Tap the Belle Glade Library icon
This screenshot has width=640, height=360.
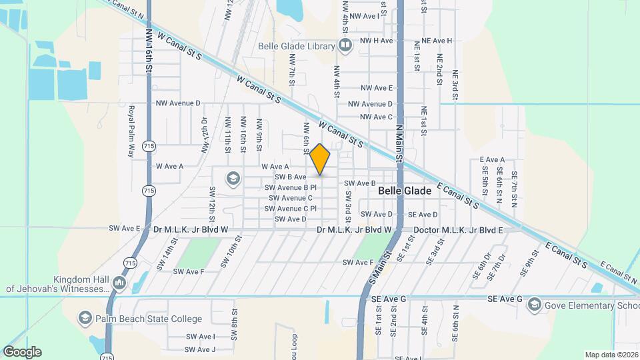pyautogui.click(x=345, y=46)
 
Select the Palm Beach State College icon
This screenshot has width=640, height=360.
pyautogui.click(x=85, y=319)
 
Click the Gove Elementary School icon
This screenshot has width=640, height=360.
pyautogui.click(x=534, y=305)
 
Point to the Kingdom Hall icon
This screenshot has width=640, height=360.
pyautogui.click(x=119, y=283)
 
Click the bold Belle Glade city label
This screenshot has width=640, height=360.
pyautogui.click(x=405, y=191)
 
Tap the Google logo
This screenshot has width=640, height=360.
pyautogui.click(x=22, y=351)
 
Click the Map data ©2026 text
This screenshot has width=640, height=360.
pyautogui.click(x=611, y=355)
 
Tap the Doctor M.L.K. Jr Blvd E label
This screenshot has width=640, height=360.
pyautogui.click(x=458, y=230)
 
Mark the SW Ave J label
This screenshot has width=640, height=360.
pyautogui.click(x=200, y=349)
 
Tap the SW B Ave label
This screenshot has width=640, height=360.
pyautogui.click(x=290, y=177)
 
